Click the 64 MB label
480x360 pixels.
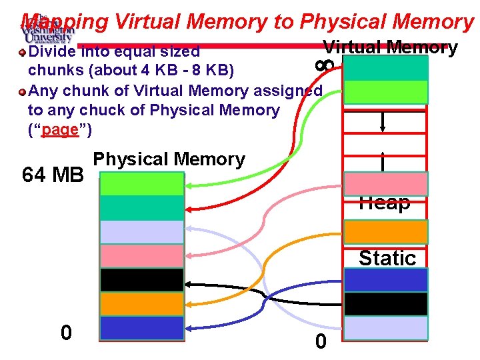pos(53,175)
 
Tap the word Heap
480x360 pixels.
pos(384,203)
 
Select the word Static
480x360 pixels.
pos(387,257)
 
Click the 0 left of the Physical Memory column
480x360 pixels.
pos(65,332)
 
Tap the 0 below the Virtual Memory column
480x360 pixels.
pos(321,341)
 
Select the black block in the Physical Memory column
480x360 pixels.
pos(141,280)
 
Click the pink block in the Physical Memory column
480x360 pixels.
pos(141,255)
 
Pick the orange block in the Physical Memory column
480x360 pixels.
pos(141,304)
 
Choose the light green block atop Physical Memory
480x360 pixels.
pos(141,183)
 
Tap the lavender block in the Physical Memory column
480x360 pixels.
pos(141,231)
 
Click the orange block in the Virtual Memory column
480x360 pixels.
pos(385,231)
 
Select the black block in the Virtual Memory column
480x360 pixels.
pos(385,304)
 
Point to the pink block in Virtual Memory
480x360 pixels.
pos(385,183)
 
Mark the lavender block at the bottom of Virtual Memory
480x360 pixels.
pos(385,328)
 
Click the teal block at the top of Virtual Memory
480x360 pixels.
pos(385,68)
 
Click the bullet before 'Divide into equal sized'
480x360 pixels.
pos(22,51)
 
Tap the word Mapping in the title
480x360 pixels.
pos(64,22)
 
